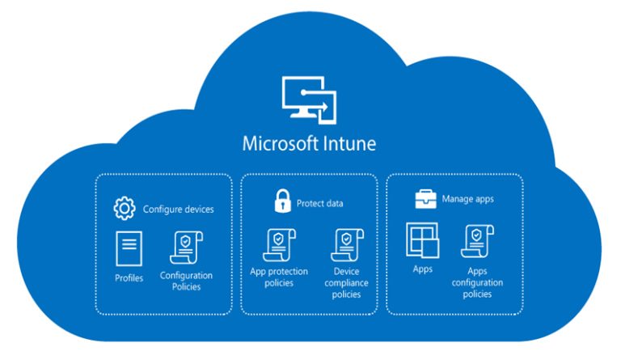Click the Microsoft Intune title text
(x=309, y=144)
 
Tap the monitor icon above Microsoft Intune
(x=309, y=101)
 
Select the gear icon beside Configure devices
(x=124, y=209)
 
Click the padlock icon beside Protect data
(x=281, y=202)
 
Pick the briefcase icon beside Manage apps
(x=425, y=198)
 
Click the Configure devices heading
(x=179, y=210)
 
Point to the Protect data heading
(x=319, y=203)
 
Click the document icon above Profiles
(x=129, y=249)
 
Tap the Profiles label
(x=129, y=279)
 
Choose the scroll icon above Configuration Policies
(x=186, y=248)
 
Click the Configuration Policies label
(x=186, y=281)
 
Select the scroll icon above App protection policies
(x=279, y=245)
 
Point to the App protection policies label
(x=279, y=277)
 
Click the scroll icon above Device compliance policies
(x=346, y=245)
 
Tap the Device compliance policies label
(x=346, y=283)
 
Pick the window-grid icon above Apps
(x=422, y=240)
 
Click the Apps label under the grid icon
(x=422, y=269)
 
